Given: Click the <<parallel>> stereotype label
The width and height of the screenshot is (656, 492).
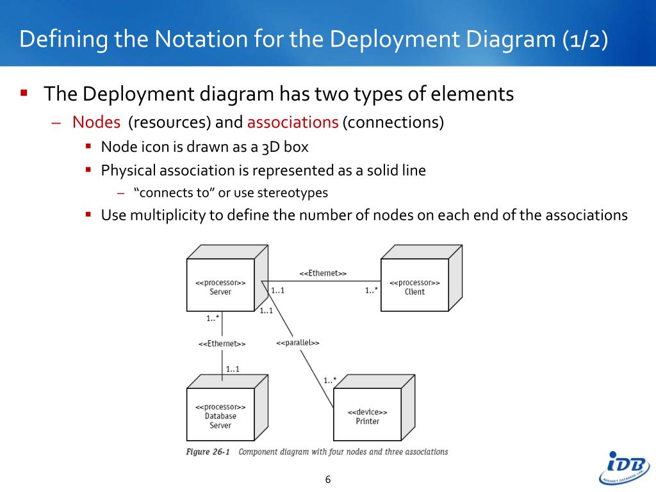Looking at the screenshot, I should pyautogui.click(x=298, y=343).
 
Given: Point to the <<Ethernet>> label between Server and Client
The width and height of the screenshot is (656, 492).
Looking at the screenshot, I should pyautogui.click(x=323, y=273).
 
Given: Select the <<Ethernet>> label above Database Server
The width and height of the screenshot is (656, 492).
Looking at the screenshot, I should pyautogui.click(x=222, y=344).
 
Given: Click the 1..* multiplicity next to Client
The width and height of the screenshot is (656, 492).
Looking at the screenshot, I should pyautogui.click(x=372, y=290).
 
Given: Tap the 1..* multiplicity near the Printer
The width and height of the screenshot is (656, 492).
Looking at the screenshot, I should pyautogui.click(x=330, y=380).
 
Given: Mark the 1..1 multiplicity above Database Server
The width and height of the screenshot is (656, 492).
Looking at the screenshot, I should pyautogui.click(x=233, y=369).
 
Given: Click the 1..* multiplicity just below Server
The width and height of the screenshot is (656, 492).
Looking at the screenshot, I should pyautogui.click(x=213, y=318).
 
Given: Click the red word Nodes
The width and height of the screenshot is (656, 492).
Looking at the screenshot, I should pyautogui.click(x=96, y=122).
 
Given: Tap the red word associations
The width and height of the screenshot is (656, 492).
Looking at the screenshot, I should pyautogui.click(x=293, y=122).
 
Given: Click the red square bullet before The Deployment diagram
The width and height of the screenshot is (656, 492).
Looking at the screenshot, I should pyautogui.click(x=24, y=94).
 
